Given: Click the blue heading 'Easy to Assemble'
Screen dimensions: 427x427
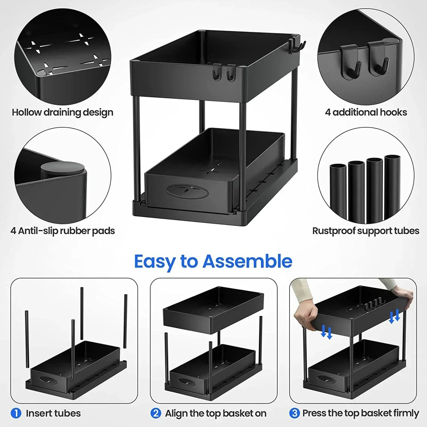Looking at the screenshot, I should pyautogui.click(x=213, y=261).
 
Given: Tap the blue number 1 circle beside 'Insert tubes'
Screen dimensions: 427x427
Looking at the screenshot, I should pyautogui.click(x=16, y=413).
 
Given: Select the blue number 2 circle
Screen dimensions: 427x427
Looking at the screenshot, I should pyautogui.click(x=155, y=413).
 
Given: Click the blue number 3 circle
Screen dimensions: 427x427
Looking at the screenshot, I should pyautogui.click(x=294, y=413).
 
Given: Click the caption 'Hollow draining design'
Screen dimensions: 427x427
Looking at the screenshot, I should pyautogui.click(x=62, y=112).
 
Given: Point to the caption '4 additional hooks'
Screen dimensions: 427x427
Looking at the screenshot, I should pyautogui.click(x=366, y=112).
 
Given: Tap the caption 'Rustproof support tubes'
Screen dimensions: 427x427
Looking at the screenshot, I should pyautogui.click(x=366, y=231).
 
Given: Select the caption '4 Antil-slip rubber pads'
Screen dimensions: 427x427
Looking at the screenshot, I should pyautogui.click(x=62, y=231).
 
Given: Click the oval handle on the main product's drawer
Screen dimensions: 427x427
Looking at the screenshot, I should pyautogui.click(x=187, y=191).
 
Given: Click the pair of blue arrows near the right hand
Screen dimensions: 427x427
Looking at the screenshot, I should pyautogui.click(x=394, y=316).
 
